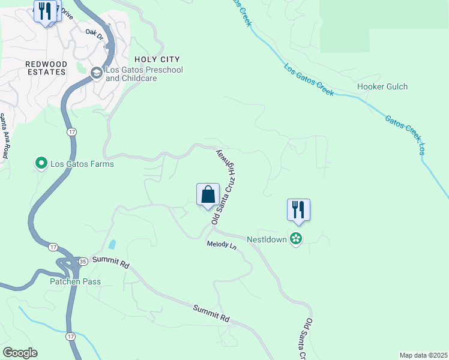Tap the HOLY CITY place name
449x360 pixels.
157,59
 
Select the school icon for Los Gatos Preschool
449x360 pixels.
96,73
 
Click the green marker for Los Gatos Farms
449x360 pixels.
41,163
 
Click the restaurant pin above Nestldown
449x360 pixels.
298,211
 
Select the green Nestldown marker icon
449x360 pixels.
295,239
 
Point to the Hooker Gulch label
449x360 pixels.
382,86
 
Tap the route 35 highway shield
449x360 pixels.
82,261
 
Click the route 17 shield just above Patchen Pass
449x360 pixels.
53,247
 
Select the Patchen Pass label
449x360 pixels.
75,281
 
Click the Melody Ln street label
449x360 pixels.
222,246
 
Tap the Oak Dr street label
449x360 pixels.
95,34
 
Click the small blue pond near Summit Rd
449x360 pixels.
112,244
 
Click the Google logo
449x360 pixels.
20,353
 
